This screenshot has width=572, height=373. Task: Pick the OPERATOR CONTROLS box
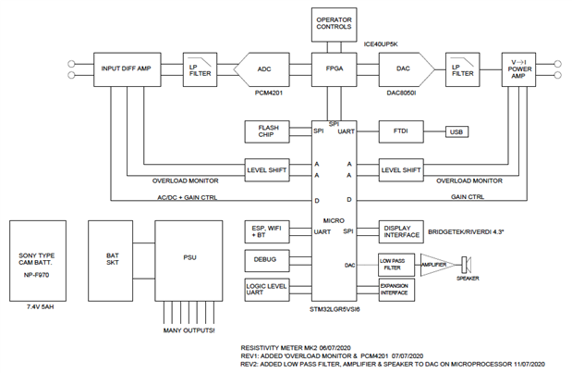[x=335, y=23]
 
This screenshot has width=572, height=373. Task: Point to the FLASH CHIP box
[x=269, y=132]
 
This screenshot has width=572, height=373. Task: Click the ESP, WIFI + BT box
[x=269, y=230]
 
